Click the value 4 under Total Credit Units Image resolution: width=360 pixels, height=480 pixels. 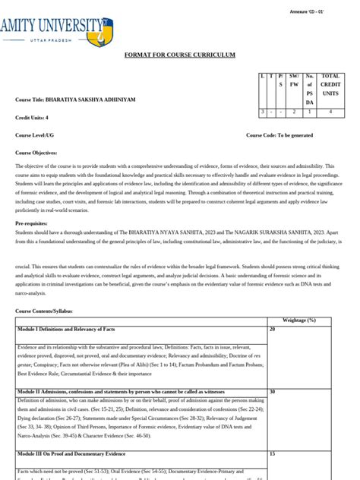pos(330,112)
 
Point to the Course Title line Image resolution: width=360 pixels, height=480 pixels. pos(74,100)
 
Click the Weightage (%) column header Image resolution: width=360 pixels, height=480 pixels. pos(298,321)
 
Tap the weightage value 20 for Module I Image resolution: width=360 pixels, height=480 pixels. pos(272,329)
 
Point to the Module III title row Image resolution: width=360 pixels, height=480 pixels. pos(71,453)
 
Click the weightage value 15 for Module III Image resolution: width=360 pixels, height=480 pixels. pos(272,453)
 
